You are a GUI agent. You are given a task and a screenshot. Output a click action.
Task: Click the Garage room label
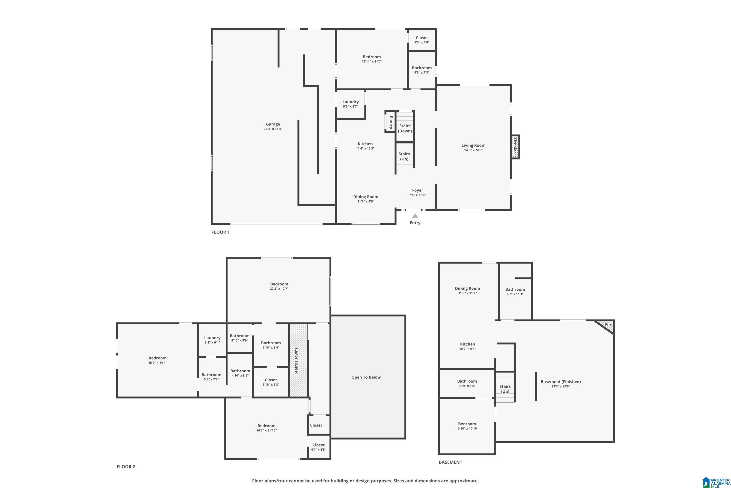273,124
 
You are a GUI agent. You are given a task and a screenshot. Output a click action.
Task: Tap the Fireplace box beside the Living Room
515,147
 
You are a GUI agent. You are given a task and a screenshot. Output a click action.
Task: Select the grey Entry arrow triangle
415,216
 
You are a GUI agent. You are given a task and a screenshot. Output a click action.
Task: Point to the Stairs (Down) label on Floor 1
405,128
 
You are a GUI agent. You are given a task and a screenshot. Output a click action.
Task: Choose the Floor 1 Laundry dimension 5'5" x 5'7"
351,106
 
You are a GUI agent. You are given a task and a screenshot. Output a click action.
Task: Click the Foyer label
417,190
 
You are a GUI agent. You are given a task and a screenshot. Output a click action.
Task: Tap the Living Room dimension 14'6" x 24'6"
473,150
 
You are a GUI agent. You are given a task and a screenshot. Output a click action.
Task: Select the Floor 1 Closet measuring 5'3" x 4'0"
422,40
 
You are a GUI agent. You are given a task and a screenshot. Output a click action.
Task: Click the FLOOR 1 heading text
220,232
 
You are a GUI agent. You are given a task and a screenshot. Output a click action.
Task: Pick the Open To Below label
366,377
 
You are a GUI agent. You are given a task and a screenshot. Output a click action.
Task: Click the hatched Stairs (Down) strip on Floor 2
298,361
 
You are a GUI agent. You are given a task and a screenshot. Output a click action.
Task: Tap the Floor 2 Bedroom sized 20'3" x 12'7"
279,286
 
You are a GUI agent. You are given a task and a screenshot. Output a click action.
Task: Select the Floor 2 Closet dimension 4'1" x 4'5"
318,449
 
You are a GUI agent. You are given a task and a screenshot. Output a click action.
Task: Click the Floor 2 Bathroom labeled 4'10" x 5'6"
240,338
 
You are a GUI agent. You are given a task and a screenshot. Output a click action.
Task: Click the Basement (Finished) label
561,382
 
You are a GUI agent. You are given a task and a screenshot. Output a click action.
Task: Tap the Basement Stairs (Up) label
505,389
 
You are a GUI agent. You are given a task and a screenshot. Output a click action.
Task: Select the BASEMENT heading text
450,462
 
